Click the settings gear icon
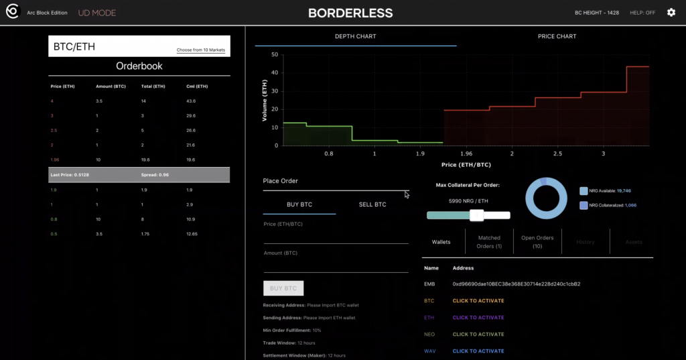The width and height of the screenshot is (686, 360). pyautogui.click(x=671, y=13)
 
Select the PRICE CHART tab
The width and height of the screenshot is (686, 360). pyautogui.click(x=557, y=36)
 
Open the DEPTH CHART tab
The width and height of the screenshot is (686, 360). pyautogui.click(x=355, y=36)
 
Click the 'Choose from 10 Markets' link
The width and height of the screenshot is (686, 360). pyautogui.click(x=201, y=50)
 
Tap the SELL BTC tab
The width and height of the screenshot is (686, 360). pyautogui.click(x=372, y=204)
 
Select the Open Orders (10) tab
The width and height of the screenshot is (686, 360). pyautogui.click(x=537, y=241)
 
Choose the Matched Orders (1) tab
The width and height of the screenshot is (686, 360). pyautogui.click(x=489, y=241)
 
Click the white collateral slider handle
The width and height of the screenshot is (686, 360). pyautogui.click(x=477, y=215)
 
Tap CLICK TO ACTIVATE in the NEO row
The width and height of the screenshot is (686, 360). pyautogui.click(x=478, y=335)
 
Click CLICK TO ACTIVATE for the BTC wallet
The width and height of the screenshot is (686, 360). pyautogui.click(x=478, y=301)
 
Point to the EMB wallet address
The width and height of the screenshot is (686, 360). pyautogui.click(x=516, y=284)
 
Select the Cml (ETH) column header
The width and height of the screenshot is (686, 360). pyautogui.click(x=197, y=86)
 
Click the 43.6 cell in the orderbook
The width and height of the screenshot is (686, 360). pyautogui.click(x=191, y=101)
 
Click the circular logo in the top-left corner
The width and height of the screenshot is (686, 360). pyautogui.click(x=12, y=13)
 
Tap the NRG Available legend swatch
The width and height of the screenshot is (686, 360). pyautogui.click(x=584, y=191)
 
